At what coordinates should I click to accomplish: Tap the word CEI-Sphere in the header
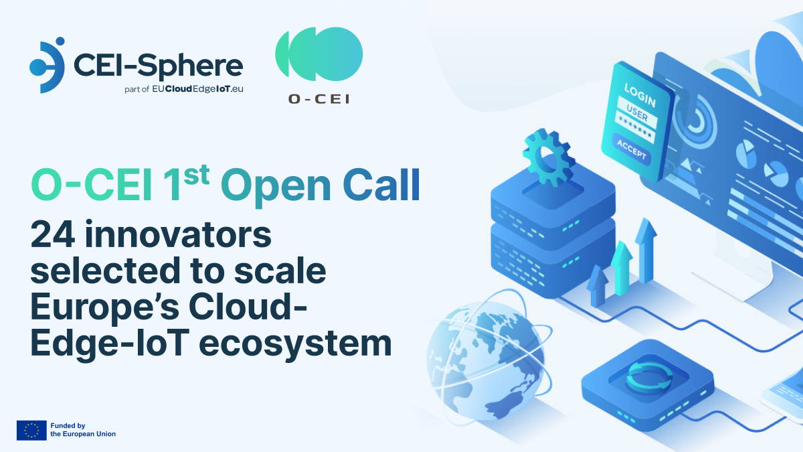(157, 65)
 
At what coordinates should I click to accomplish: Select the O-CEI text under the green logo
(319, 98)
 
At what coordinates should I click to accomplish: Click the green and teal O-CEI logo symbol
(319, 56)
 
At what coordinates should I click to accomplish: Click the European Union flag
(31, 430)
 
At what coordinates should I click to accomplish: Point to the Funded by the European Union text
(83, 430)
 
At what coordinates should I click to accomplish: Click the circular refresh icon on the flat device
(643, 376)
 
